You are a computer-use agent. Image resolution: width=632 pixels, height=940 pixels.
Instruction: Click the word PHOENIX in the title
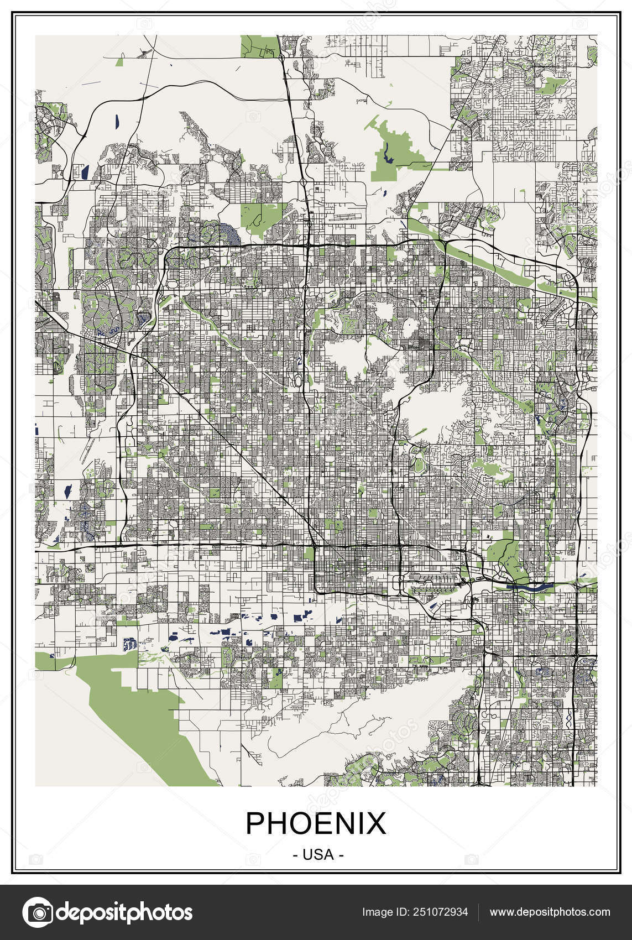tap(316, 823)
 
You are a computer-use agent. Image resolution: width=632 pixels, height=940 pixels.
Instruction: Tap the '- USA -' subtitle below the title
tap(318, 854)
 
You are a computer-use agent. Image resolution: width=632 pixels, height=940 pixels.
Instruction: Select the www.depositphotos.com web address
tap(550, 912)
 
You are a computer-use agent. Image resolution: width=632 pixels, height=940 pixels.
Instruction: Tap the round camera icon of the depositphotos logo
tap(36, 912)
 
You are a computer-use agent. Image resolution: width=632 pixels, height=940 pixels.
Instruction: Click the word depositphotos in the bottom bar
tap(124, 912)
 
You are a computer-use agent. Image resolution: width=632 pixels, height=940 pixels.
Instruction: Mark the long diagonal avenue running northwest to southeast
tap(232, 442)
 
